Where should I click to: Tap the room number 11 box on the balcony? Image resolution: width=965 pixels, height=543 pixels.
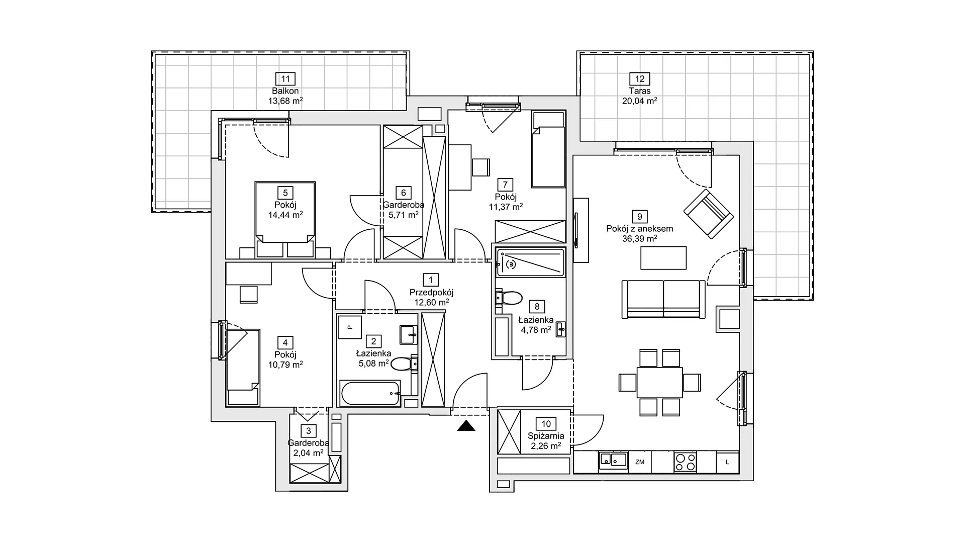[285, 79]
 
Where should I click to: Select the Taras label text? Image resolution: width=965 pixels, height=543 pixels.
[640, 91]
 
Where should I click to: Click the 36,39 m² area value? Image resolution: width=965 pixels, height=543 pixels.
[640, 239]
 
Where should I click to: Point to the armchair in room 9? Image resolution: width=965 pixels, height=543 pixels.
[708, 214]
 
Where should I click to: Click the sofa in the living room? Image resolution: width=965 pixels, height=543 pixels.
[663, 299]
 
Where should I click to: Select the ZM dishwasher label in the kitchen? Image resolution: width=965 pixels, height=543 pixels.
[640, 462]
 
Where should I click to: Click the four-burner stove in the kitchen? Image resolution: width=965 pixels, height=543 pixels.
[685, 462]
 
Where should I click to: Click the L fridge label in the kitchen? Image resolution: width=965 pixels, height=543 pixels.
[727, 462]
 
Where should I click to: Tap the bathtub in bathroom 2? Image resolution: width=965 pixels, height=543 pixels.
[370, 393]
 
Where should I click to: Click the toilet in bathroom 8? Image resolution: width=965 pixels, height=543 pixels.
[508, 298]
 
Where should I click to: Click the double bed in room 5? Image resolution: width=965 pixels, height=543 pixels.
[285, 219]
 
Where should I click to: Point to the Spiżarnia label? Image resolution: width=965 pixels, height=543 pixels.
[546, 436]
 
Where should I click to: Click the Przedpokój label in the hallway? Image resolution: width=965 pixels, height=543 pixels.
[431, 292]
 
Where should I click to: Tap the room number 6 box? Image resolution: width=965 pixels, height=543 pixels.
[403, 193]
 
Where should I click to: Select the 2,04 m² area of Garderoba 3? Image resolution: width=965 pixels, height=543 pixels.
[308, 453]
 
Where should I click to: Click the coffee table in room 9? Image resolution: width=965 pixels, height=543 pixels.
[663, 258]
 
